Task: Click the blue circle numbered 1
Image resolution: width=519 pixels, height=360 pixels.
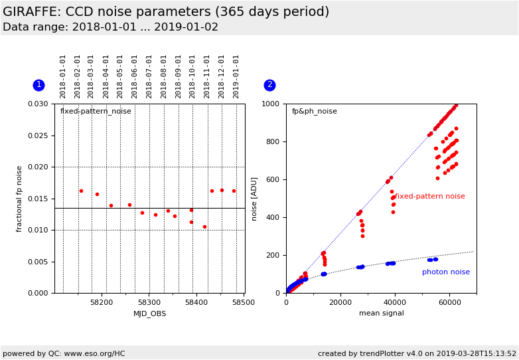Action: pos(38,85)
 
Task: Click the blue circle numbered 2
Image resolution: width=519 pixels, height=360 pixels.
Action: pos(269,85)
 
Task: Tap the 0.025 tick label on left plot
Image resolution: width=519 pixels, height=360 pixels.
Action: pos(38,135)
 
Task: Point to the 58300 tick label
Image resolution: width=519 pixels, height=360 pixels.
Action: pos(149,302)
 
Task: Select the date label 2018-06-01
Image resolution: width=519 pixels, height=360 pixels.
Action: pos(134,77)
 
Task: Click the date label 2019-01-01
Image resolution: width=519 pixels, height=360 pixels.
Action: pos(236,77)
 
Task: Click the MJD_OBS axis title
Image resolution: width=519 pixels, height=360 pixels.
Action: pos(149,314)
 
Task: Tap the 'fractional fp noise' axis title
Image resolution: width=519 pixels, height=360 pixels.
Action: pos(19,199)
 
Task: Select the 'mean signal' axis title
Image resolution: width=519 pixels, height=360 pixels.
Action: pos(382,313)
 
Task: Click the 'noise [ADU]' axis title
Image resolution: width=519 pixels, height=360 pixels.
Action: pos(254,199)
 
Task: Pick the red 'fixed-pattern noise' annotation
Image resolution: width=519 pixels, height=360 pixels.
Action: pos(429,196)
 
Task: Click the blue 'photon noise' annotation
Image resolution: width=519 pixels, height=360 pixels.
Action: pos(446,272)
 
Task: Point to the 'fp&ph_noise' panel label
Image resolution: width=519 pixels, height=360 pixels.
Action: pos(315,112)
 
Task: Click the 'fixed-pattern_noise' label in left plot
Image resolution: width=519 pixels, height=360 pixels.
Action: pos(96,112)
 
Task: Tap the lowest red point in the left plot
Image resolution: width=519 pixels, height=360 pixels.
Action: pos(204,227)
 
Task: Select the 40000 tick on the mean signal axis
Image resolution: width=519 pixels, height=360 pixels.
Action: pos(395,302)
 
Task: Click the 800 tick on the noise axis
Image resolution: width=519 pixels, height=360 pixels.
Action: pos(273,141)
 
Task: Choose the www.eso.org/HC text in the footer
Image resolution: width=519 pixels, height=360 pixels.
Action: pos(95,354)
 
